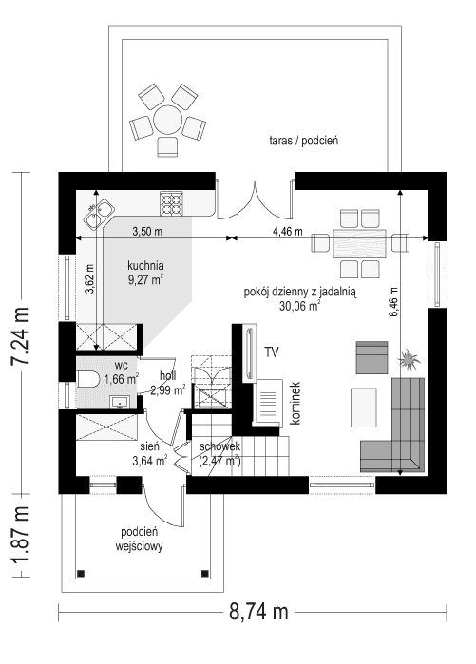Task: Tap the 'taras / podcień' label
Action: click(x=303, y=141)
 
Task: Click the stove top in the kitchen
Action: click(x=173, y=202)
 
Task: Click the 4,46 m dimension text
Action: click(x=286, y=231)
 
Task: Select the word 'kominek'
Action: click(x=295, y=403)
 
